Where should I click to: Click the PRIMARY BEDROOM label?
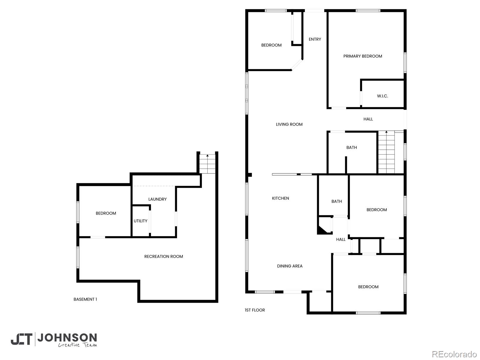pos(363,56)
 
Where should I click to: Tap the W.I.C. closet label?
pos(382,96)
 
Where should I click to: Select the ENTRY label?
pos(315,39)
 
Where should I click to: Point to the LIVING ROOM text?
pos(289,124)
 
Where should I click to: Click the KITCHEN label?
pos(280,198)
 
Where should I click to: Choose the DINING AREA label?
pos(289,266)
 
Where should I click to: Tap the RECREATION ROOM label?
pos(163,256)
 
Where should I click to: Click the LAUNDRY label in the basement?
pos(157,199)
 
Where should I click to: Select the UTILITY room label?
pos(140,221)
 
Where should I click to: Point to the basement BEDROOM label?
pos(106,213)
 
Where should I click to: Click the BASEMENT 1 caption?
pos(85,299)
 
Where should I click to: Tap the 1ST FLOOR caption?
pos(255,310)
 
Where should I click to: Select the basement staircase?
pos(207,164)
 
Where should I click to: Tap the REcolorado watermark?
pos(454,354)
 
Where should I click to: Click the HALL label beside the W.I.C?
pos(368,119)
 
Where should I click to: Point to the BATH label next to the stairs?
pos(352,148)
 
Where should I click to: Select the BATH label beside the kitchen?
pos(337,202)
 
